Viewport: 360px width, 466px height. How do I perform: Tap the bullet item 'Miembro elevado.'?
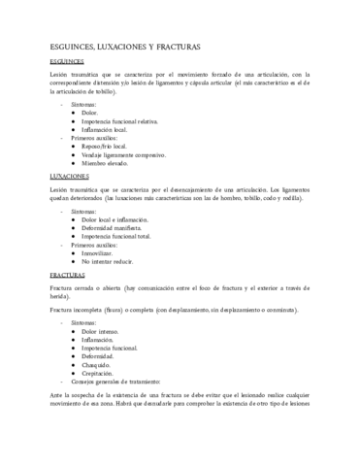pyautogui.click(x=106, y=163)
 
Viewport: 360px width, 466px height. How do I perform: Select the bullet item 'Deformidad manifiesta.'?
pyautogui.click(x=115, y=227)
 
